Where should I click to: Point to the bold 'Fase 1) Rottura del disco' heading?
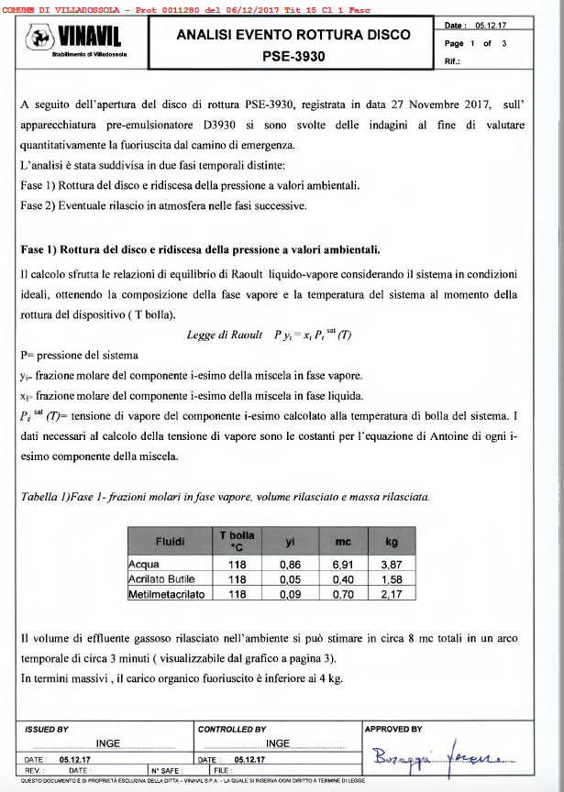[200, 249]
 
